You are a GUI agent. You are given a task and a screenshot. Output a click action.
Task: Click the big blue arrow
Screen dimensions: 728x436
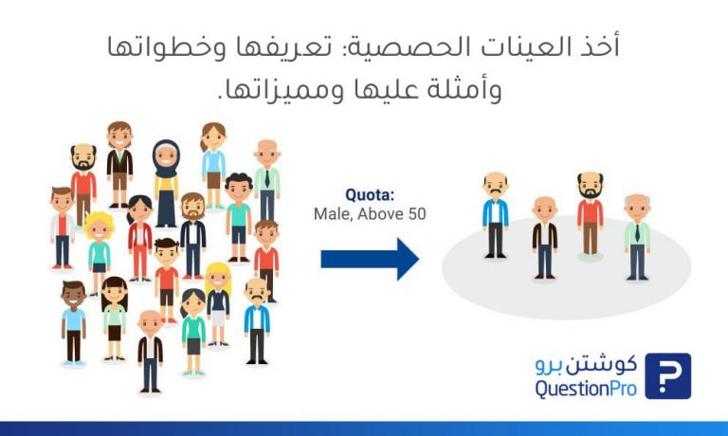click(x=370, y=259)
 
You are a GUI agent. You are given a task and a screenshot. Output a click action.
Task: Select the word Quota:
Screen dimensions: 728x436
click(x=370, y=195)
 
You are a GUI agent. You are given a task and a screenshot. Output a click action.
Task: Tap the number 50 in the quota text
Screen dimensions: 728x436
click(x=416, y=214)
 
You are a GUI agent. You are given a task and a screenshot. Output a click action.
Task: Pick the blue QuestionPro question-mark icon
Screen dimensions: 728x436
click(x=667, y=376)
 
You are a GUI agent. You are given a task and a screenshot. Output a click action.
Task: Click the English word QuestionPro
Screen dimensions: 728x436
click(x=586, y=389)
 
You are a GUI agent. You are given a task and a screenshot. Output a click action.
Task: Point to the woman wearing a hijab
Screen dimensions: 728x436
click(x=166, y=184)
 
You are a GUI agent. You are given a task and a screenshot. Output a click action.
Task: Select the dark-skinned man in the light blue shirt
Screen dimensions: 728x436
click(x=73, y=323)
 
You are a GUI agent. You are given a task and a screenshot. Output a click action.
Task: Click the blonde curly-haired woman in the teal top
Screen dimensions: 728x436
click(x=99, y=253)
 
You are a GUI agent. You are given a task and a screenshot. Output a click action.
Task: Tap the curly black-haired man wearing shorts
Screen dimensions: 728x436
click(x=239, y=217)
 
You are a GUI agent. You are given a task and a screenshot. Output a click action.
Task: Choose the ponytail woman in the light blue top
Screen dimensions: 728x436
click(x=213, y=166)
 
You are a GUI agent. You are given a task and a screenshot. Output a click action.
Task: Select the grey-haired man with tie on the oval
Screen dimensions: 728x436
click(x=637, y=237)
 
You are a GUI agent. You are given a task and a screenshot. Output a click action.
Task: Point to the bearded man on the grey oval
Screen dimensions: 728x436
click(x=591, y=213)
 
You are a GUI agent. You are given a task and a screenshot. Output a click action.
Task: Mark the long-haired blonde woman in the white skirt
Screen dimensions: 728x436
click(x=218, y=304)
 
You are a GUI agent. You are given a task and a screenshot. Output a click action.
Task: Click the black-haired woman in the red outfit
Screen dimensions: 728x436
click(x=139, y=238)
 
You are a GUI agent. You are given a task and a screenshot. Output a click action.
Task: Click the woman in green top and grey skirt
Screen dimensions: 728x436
click(x=193, y=332)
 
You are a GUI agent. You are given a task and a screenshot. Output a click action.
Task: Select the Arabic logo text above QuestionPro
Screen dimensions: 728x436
click(x=586, y=365)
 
